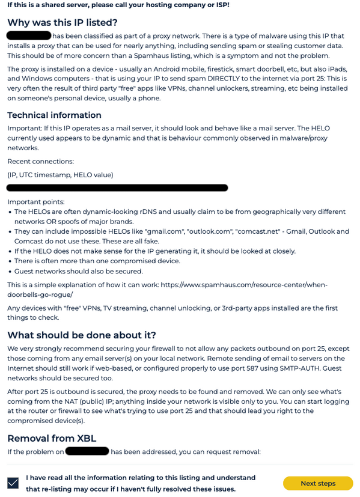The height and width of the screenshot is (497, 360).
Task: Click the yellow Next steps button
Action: coord(318,483)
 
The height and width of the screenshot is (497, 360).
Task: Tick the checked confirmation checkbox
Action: coord(13,483)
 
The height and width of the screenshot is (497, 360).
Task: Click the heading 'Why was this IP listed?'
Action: coord(62,23)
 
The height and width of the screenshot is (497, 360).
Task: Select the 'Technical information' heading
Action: coord(54,115)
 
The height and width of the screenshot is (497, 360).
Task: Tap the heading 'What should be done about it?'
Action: coord(81,335)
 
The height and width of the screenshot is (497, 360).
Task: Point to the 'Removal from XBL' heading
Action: coord(52,438)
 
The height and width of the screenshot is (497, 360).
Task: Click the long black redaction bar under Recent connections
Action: coord(117,188)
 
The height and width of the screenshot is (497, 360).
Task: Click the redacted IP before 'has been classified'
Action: coord(28,35)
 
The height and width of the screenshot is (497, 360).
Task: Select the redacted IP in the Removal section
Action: coord(87,451)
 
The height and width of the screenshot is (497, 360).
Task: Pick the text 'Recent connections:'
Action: coord(40,161)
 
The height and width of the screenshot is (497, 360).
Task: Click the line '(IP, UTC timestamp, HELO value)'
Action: coord(60,175)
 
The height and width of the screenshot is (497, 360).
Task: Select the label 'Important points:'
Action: coord(35,202)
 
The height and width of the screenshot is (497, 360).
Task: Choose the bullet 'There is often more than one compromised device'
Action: coord(97,261)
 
